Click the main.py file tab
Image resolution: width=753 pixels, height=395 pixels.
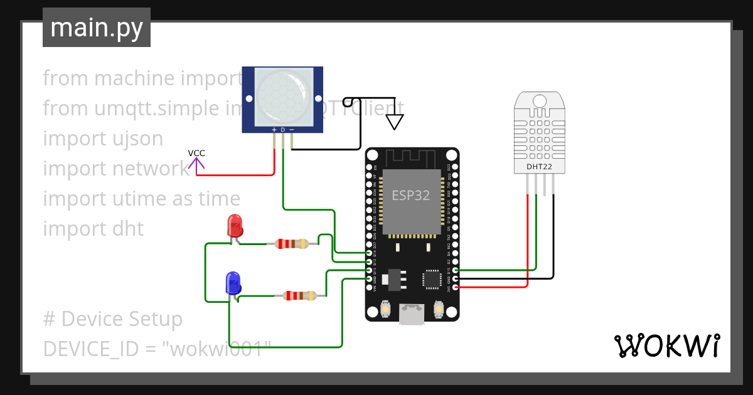97,28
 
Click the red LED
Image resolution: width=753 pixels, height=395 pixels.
235,225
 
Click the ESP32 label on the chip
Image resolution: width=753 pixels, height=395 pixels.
411,195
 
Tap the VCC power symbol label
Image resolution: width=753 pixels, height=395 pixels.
196,154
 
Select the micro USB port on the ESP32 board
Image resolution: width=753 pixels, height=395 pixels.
412,313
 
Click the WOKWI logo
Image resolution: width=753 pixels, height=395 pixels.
666,345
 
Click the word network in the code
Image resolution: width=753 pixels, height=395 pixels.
150,169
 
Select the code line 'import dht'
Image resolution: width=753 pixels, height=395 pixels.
93,229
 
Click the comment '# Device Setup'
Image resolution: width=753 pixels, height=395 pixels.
113,319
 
